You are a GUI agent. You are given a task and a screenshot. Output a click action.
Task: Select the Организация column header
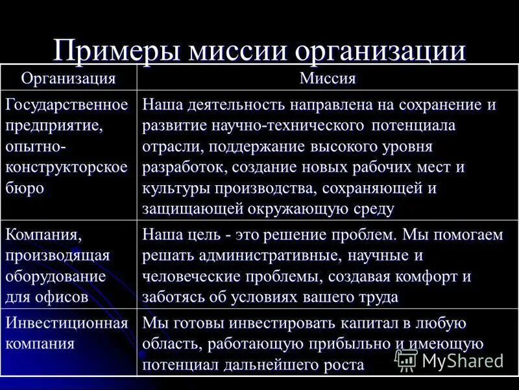click(x=68, y=79)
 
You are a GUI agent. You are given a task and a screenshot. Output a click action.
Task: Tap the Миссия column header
click(x=328, y=79)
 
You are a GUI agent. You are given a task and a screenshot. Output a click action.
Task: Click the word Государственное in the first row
click(x=66, y=104)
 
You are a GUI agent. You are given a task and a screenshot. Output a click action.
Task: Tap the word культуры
click(x=173, y=188)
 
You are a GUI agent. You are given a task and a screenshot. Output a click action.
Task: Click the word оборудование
click(x=55, y=276)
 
